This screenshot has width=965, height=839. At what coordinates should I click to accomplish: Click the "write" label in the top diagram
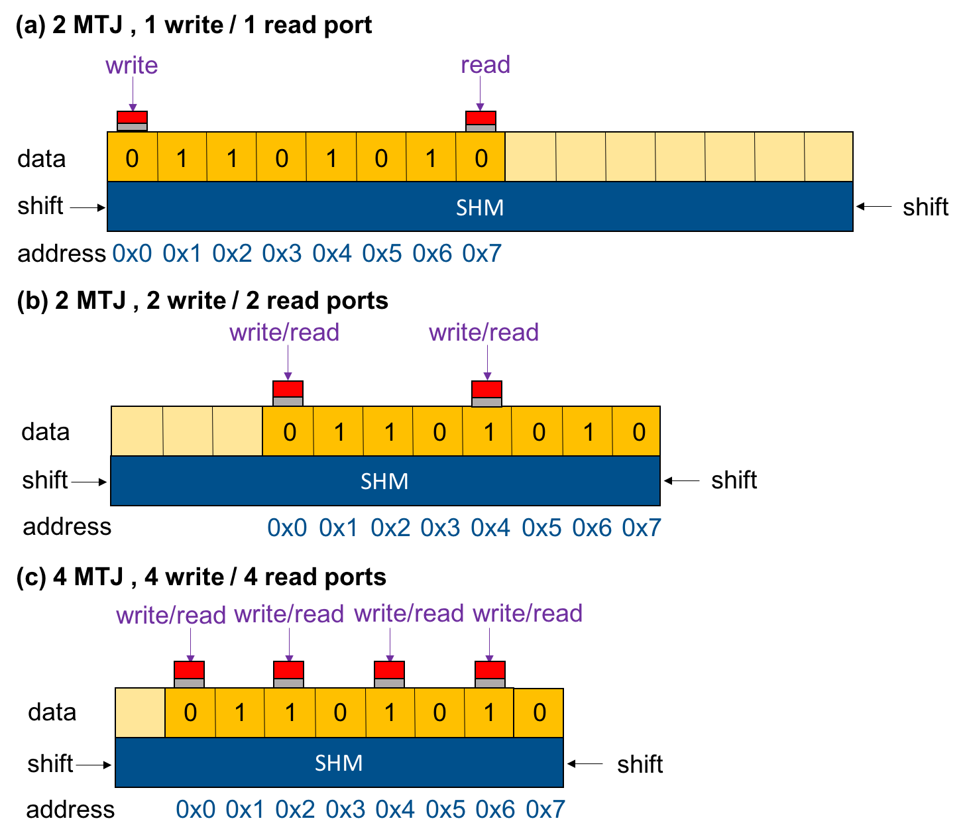point(131,66)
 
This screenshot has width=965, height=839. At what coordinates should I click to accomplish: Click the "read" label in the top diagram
point(485,65)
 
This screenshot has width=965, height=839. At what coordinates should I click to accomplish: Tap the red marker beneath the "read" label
point(481,118)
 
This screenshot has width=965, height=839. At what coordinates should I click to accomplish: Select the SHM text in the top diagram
point(480,208)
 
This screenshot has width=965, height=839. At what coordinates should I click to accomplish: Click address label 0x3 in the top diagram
point(282,253)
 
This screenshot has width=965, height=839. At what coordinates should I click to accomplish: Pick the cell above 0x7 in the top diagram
point(481,158)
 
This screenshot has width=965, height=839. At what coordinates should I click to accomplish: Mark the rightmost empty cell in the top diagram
point(828,157)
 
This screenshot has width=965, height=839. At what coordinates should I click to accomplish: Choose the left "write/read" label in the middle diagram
point(284,332)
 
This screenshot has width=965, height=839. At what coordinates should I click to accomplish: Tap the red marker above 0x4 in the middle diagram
point(486,389)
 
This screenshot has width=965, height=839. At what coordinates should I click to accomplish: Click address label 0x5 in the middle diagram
point(541,528)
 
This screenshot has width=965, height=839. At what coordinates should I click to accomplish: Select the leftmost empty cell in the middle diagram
point(137,431)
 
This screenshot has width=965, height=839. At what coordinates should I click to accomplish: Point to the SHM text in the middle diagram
point(384,481)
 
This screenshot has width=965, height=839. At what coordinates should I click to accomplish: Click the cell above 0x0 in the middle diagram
point(288,431)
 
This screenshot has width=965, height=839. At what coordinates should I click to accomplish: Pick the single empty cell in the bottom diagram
point(141,712)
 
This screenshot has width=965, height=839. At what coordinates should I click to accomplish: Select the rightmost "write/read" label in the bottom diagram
point(528,614)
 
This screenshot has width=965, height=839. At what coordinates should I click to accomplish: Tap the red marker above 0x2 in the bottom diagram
point(288,670)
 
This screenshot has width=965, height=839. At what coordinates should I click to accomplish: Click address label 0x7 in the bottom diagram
point(545,809)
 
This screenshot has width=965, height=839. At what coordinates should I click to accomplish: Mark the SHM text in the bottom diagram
point(339,763)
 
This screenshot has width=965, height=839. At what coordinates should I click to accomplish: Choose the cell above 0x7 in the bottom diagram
point(538,712)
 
